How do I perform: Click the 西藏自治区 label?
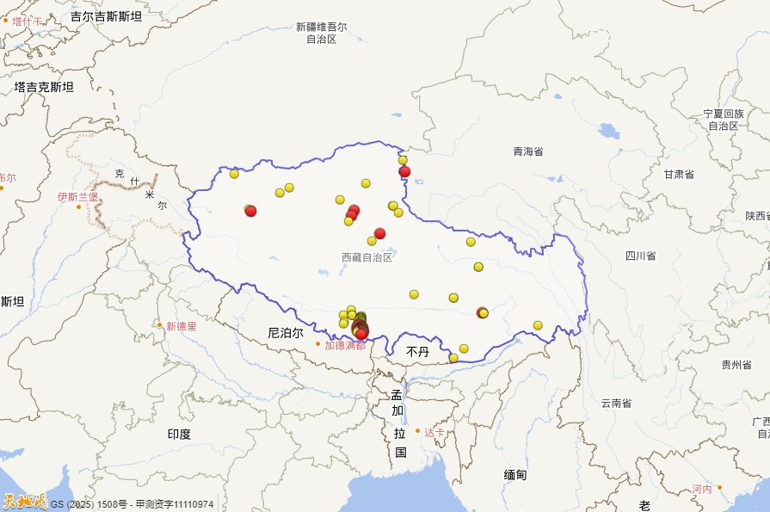pyautogui.click(x=367, y=257)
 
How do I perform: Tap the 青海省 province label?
pyautogui.click(x=528, y=151)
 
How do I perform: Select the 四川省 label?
pyautogui.click(x=640, y=256)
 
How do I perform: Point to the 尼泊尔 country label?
pyautogui.click(x=285, y=332)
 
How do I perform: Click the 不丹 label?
pyautogui.click(x=417, y=352)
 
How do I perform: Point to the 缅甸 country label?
pyautogui.click(x=515, y=474)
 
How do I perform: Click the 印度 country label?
pyautogui.click(x=179, y=434)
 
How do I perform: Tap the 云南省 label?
pyautogui.click(x=616, y=403)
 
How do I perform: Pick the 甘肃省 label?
pyautogui.click(x=679, y=174)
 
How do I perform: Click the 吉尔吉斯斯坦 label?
pyautogui.click(x=106, y=15)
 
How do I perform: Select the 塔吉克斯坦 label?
pyautogui.click(x=44, y=87)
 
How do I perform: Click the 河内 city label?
pyautogui.click(x=702, y=489)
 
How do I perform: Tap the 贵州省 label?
pyautogui.click(x=736, y=365)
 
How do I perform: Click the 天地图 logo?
pyautogui.click(x=24, y=501)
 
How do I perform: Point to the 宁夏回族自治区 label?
pyautogui.click(x=723, y=120)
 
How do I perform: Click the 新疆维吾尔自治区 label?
pyautogui.click(x=321, y=33)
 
